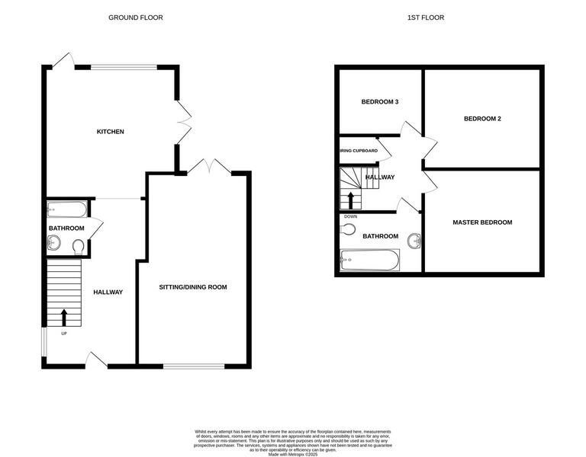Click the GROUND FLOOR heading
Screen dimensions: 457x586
point(135,18)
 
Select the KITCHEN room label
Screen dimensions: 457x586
point(110,132)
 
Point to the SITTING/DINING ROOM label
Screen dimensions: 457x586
point(193,287)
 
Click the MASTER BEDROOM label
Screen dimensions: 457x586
point(482,222)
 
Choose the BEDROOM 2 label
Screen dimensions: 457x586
point(482,119)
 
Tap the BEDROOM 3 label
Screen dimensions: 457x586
point(380,101)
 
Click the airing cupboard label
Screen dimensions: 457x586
point(359,151)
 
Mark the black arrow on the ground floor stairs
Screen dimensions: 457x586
point(63,316)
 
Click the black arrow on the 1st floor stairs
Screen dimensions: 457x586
point(351,200)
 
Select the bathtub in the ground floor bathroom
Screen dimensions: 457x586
point(67,209)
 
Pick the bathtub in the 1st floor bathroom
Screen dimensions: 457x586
point(369,260)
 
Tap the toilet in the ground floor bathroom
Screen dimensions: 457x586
point(78,246)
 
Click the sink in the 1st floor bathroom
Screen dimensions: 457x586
point(414,241)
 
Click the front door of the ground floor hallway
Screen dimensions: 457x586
point(97,360)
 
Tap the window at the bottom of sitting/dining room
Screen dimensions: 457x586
point(193,366)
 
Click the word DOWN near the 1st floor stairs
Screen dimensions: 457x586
point(350,216)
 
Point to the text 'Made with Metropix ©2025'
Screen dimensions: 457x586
point(293,454)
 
